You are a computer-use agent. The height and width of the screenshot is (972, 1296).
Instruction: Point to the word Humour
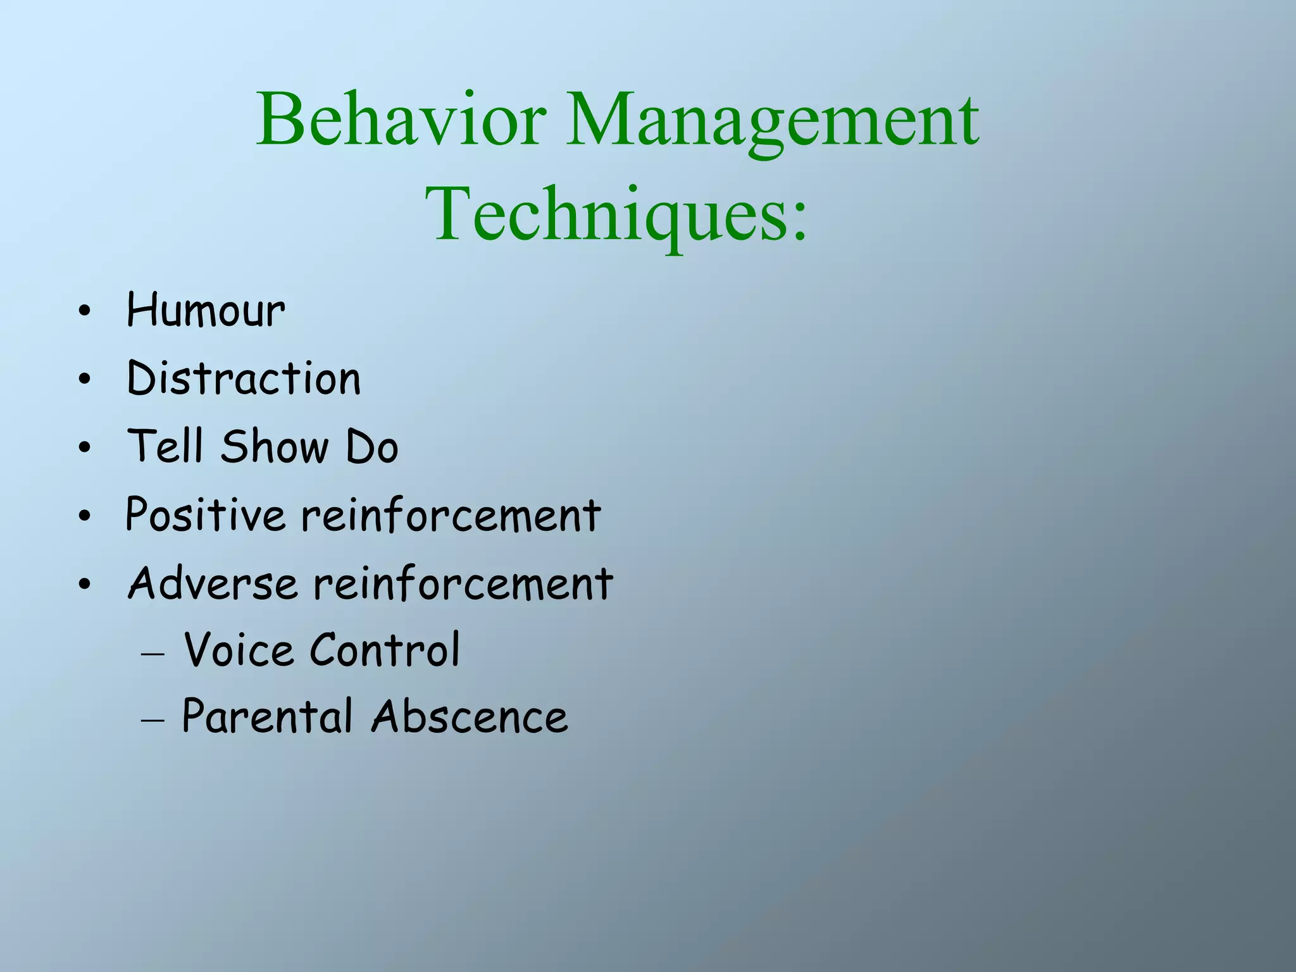[x=206, y=311]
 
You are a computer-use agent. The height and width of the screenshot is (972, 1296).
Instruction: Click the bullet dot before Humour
[x=85, y=312]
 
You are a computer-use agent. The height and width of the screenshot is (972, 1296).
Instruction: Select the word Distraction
[x=244, y=379]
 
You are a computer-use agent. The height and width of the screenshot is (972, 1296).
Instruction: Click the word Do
[x=372, y=446]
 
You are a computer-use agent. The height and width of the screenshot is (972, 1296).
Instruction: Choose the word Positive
[x=206, y=514]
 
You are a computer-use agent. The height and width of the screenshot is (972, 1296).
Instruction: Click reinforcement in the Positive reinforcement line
[x=451, y=514]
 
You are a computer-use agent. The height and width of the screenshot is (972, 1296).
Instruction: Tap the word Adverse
[x=213, y=583]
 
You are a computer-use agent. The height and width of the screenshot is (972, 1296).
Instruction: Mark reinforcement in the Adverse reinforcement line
[x=463, y=583]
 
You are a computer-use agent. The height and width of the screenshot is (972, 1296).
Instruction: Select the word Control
[x=385, y=650]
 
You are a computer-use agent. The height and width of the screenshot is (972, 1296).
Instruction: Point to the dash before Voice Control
[x=153, y=656]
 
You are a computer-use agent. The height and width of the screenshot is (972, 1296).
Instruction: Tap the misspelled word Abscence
[x=470, y=717]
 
